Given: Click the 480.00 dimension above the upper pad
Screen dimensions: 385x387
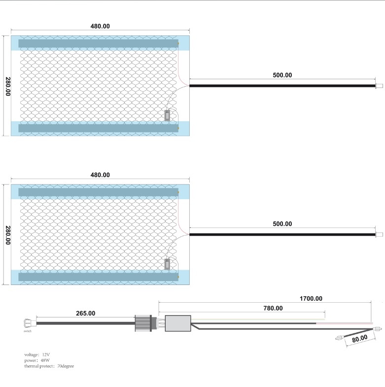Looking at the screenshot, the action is coord(100,26).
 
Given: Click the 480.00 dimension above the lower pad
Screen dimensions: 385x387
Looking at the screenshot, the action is coord(100,175).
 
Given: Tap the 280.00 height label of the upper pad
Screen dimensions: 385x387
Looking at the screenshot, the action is coord(8,86).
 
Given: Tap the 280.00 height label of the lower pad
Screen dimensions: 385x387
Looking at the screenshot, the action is coord(8,235).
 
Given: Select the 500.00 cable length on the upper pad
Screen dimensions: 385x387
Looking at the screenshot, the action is coord(282,75).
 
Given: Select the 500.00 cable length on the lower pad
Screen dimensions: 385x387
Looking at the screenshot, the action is coord(282,224).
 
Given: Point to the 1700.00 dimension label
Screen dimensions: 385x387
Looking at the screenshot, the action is coord(311,299).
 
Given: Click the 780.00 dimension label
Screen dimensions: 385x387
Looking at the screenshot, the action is coord(273,308).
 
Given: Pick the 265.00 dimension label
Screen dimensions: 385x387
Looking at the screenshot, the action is coord(85,314).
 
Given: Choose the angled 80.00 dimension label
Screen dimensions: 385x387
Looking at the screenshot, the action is coord(359,338).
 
